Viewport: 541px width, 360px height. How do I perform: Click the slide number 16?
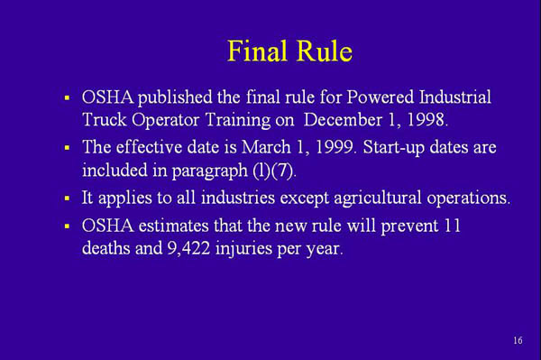(517, 340)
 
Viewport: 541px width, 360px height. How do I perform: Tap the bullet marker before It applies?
(67, 198)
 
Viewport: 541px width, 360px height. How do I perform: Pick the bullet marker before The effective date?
(67, 148)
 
